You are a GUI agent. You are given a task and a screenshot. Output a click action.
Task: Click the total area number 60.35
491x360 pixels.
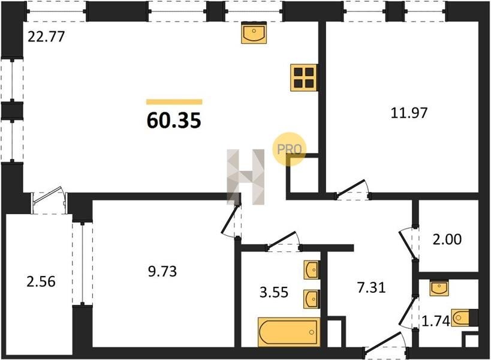click(174, 121)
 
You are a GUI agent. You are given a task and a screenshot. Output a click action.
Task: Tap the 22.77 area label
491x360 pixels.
click(46, 37)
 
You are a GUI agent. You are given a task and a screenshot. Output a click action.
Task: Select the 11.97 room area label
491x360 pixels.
click(409, 113)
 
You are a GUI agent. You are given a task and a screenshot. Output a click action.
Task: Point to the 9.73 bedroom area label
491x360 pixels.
click(162, 271)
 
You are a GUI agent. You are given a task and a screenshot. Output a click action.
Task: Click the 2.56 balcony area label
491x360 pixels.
click(41, 281)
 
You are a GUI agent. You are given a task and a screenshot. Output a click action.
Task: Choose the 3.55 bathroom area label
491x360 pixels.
click(274, 292)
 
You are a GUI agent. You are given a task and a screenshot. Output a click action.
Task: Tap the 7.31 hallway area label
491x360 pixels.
click(372, 287)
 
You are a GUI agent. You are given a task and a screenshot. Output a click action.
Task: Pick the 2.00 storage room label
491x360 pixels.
click(447, 239)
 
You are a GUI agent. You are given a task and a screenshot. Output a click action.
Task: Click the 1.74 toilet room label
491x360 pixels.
click(436, 321)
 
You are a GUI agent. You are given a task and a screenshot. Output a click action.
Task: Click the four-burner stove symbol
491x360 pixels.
click(304, 78)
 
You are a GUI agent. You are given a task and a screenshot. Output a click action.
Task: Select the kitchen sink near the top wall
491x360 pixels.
click(254, 32)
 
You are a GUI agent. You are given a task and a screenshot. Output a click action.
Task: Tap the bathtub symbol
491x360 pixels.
click(289, 332)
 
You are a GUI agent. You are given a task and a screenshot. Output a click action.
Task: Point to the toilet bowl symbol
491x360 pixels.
click(461, 318)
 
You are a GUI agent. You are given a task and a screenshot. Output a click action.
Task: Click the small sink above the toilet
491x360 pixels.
click(439, 287)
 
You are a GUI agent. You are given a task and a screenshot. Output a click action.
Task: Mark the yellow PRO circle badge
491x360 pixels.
click(290, 149)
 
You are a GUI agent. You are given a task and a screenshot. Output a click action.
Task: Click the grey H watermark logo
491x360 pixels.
click(246, 177)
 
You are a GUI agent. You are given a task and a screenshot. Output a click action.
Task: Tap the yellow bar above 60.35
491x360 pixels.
click(174, 102)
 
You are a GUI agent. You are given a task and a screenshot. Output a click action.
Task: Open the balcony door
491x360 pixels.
click(49, 200)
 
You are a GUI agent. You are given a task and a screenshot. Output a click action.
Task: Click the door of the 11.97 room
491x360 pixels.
click(353, 190)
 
